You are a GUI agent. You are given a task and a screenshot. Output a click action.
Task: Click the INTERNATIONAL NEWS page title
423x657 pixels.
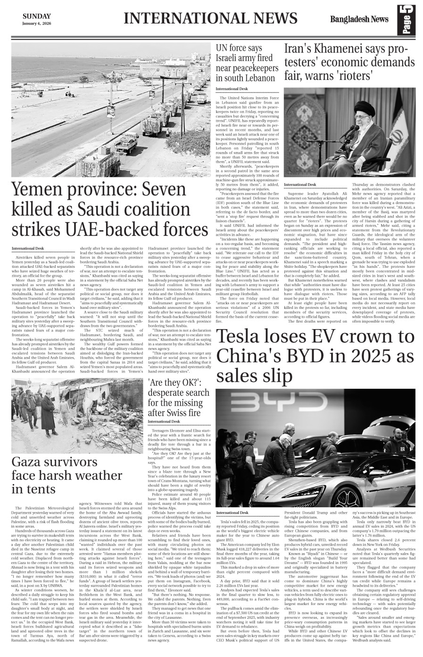pyautogui.click(x=211, y=18)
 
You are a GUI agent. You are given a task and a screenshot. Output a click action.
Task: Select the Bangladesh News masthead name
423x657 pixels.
pyautogui.click(x=360, y=19)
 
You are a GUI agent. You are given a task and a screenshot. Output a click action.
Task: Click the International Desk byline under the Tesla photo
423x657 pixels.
pyautogui.click(x=232, y=512)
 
